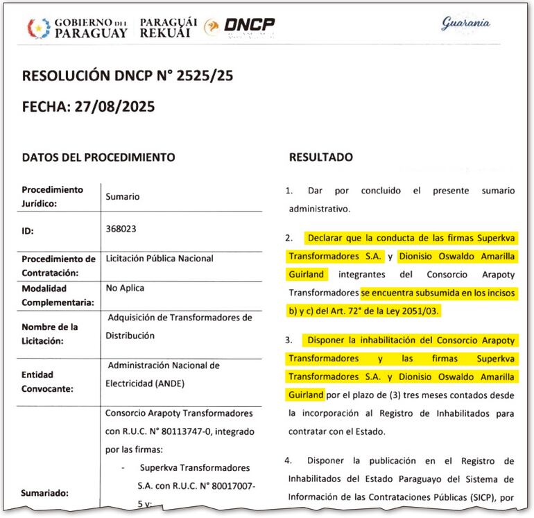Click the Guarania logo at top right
(465, 23)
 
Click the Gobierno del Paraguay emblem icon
(37, 27)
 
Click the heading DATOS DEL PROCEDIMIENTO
(98, 157)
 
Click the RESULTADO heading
(320, 157)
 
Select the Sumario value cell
(122, 196)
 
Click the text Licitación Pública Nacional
(159, 259)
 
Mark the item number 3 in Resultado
(289, 340)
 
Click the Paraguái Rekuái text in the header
(169, 28)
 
